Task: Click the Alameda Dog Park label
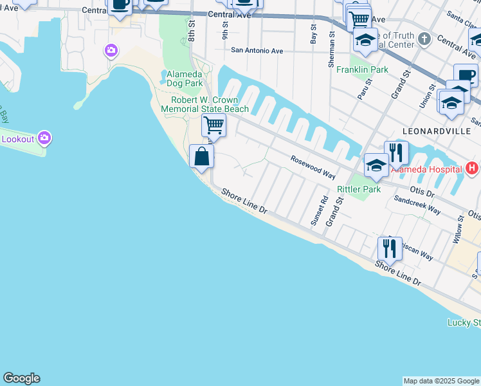tap(185, 78)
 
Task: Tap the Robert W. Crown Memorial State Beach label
tap(205, 104)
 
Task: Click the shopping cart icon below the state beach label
tap(213, 125)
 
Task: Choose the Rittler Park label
tap(359, 189)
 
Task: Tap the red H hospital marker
tap(472, 169)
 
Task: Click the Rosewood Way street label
tap(313, 166)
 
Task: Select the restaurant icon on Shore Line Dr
tap(390, 248)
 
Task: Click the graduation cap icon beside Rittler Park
tap(376, 165)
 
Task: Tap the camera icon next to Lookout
tap(44, 138)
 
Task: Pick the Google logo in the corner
tap(21, 378)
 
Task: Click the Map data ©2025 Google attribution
tap(441, 381)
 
